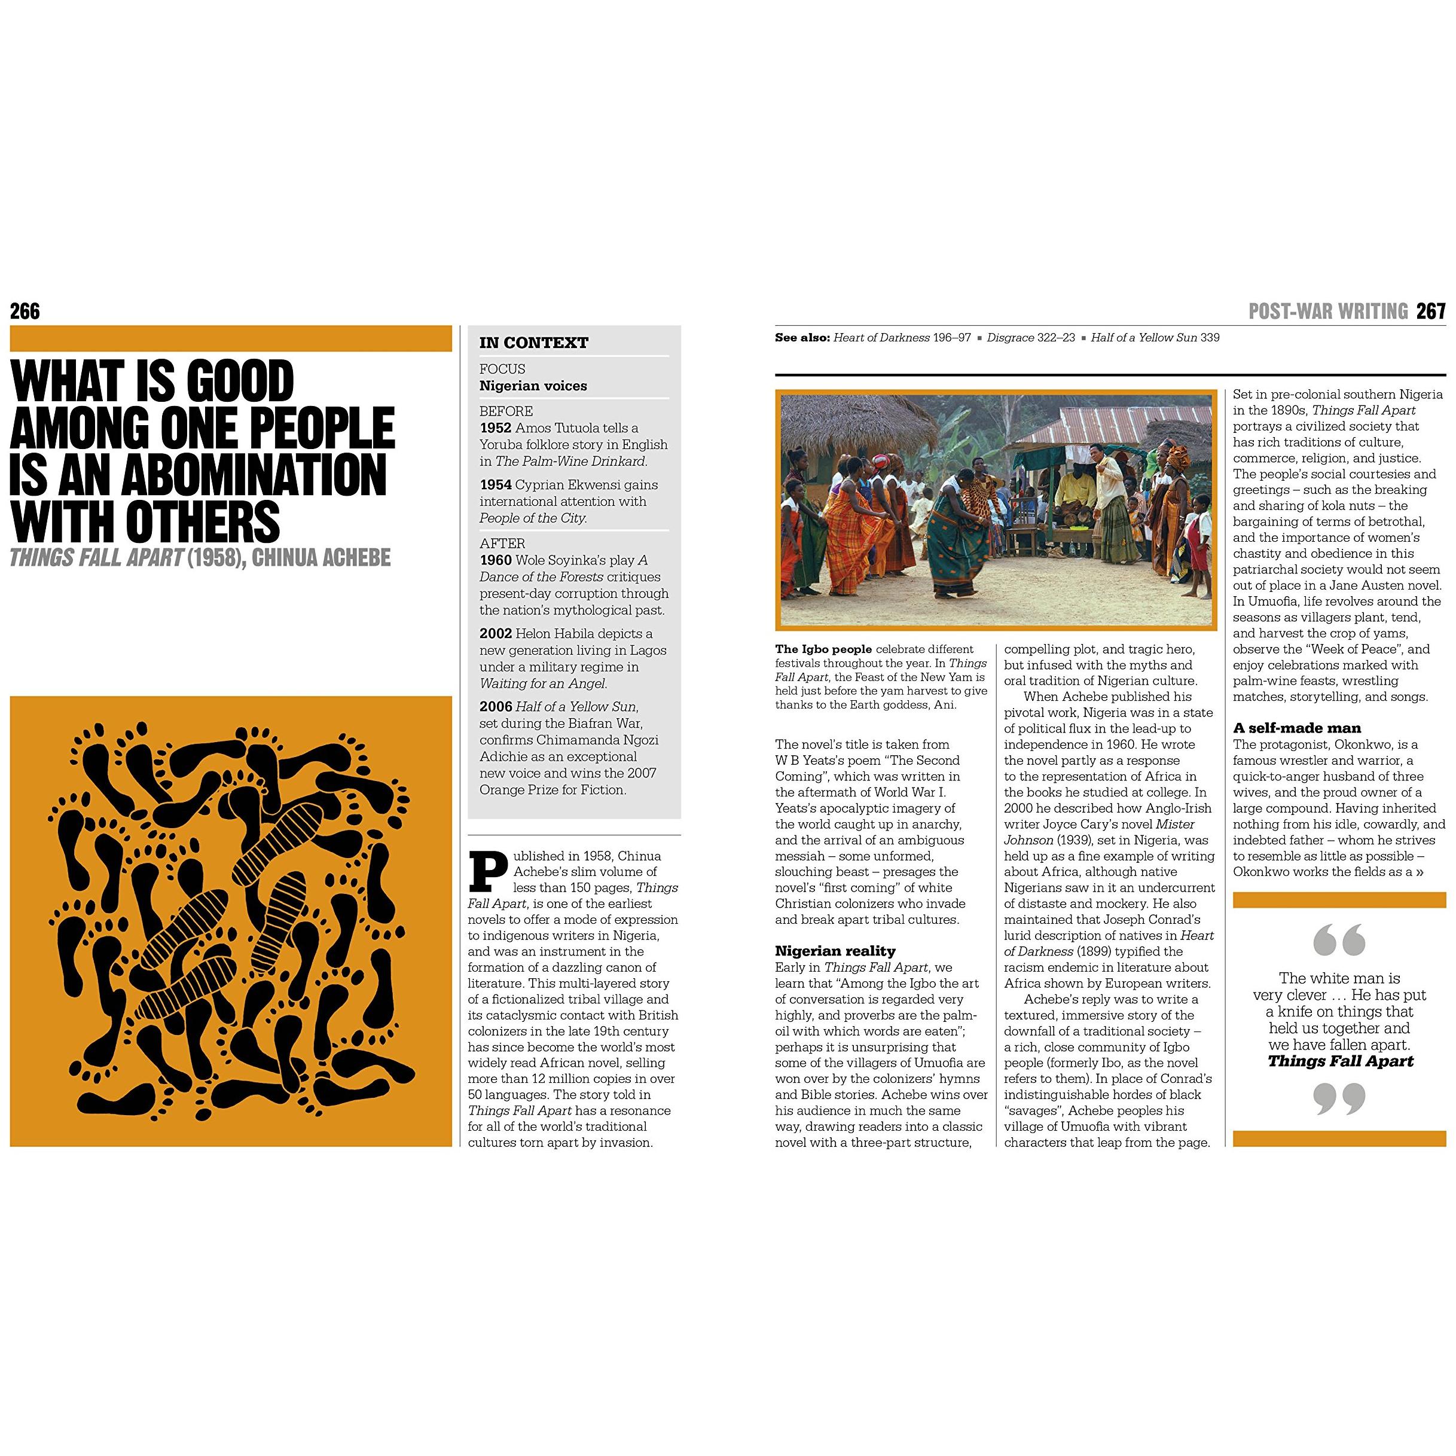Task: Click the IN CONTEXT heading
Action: (x=533, y=343)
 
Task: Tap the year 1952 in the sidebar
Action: (x=495, y=428)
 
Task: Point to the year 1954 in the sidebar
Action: (x=495, y=484)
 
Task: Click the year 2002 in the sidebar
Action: (x=495, y=634)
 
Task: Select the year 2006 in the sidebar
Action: (x=495, y=707)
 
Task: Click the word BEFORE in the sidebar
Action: (x=506, y=411)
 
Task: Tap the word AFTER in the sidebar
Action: (x=502, y=544)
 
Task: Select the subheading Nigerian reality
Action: (x=835, y=951)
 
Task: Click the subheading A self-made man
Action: (x=1297, y=728)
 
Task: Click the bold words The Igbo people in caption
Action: (x=823, y=649)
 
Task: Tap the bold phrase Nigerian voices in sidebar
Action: (x=533, y=386)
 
